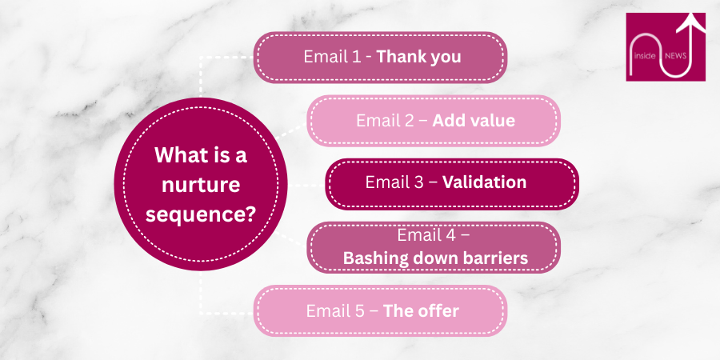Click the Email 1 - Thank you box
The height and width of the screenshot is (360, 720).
coord(380,58)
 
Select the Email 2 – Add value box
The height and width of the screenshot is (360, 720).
coord(434,121)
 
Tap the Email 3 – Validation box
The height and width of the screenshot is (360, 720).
coord(450,183)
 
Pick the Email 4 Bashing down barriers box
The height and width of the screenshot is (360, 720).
coord(434,247)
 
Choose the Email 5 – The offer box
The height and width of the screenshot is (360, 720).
coord(380,310)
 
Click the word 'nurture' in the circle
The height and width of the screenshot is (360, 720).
coord(201,185)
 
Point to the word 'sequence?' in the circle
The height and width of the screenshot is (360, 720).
coord(201,214)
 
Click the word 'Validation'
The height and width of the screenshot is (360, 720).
coord(484,182)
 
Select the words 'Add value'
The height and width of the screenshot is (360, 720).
coord(474,121)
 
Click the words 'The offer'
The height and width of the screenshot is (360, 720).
coord(421,310)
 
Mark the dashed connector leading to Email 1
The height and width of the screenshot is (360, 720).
coord(216,58)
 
